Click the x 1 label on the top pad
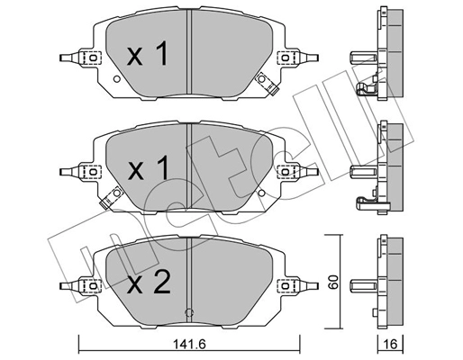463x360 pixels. point(147,57)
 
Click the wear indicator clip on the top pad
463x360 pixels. point(267,83)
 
